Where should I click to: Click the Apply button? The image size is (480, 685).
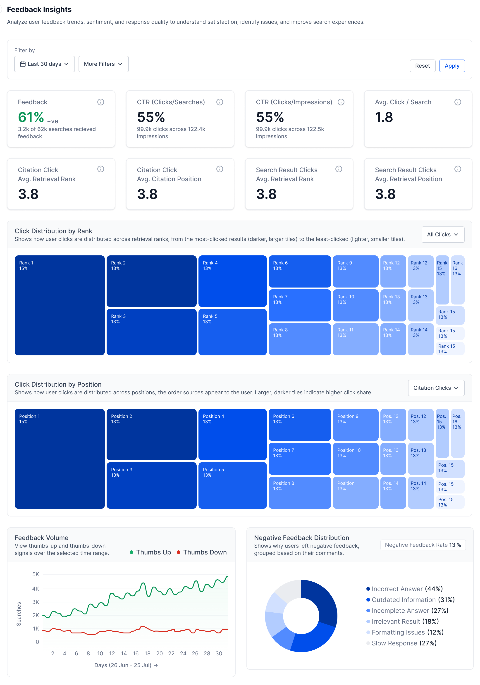pos(452,66)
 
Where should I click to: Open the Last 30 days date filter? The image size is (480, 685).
pos(45,64)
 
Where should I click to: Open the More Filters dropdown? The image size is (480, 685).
pos(103,64)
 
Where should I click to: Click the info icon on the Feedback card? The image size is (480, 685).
pos(101,102)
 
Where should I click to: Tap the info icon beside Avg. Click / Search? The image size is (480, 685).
pos(458,102)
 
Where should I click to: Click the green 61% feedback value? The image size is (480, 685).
pos(31,117)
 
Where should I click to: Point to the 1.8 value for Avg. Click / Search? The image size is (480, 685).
pos(384,117)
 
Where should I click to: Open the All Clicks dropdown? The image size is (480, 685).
pos(443,235)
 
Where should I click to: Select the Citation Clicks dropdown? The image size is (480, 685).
pos(436,388)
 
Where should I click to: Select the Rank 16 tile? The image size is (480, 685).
pos(458,280)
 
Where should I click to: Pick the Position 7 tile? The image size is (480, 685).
pos(300,459)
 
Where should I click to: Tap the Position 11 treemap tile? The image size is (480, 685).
pos(356,492)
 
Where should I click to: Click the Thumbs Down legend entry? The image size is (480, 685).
pos(202,552)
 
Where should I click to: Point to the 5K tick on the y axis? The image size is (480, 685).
pos(36,574)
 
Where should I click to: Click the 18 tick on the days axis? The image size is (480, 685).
pos(148,653)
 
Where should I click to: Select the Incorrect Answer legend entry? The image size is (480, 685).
pos(404,589)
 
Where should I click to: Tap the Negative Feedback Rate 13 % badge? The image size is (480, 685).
pos(423,545)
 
